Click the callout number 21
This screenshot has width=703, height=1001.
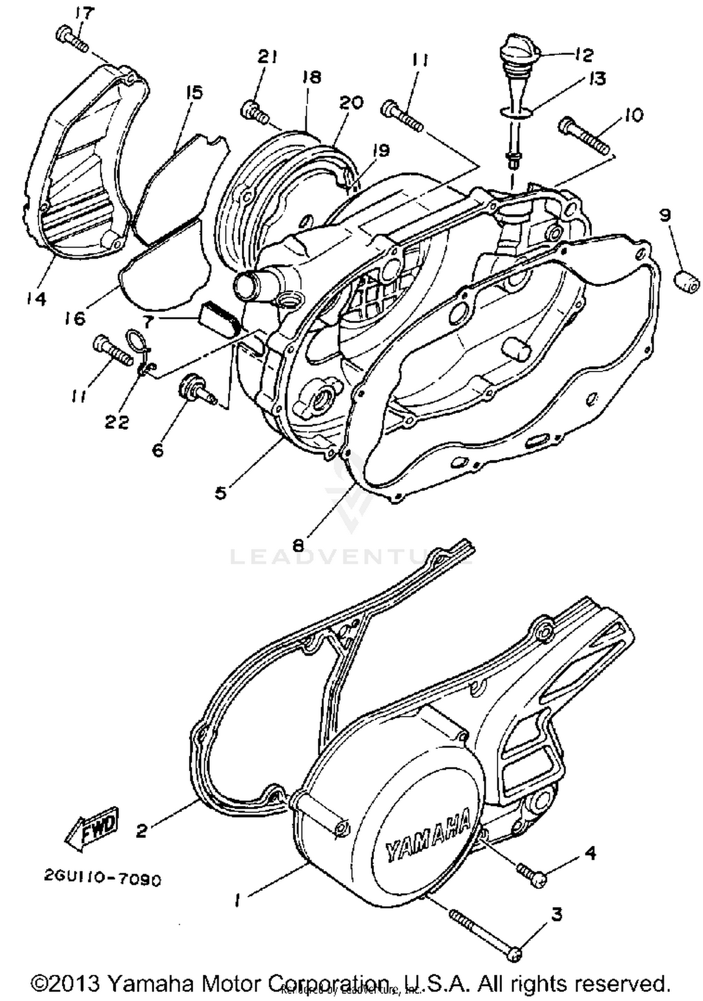(267, 58)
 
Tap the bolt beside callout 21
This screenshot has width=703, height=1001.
(255, 113)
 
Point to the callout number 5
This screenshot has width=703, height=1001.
(221, 492)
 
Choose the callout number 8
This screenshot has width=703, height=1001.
(298, 545)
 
